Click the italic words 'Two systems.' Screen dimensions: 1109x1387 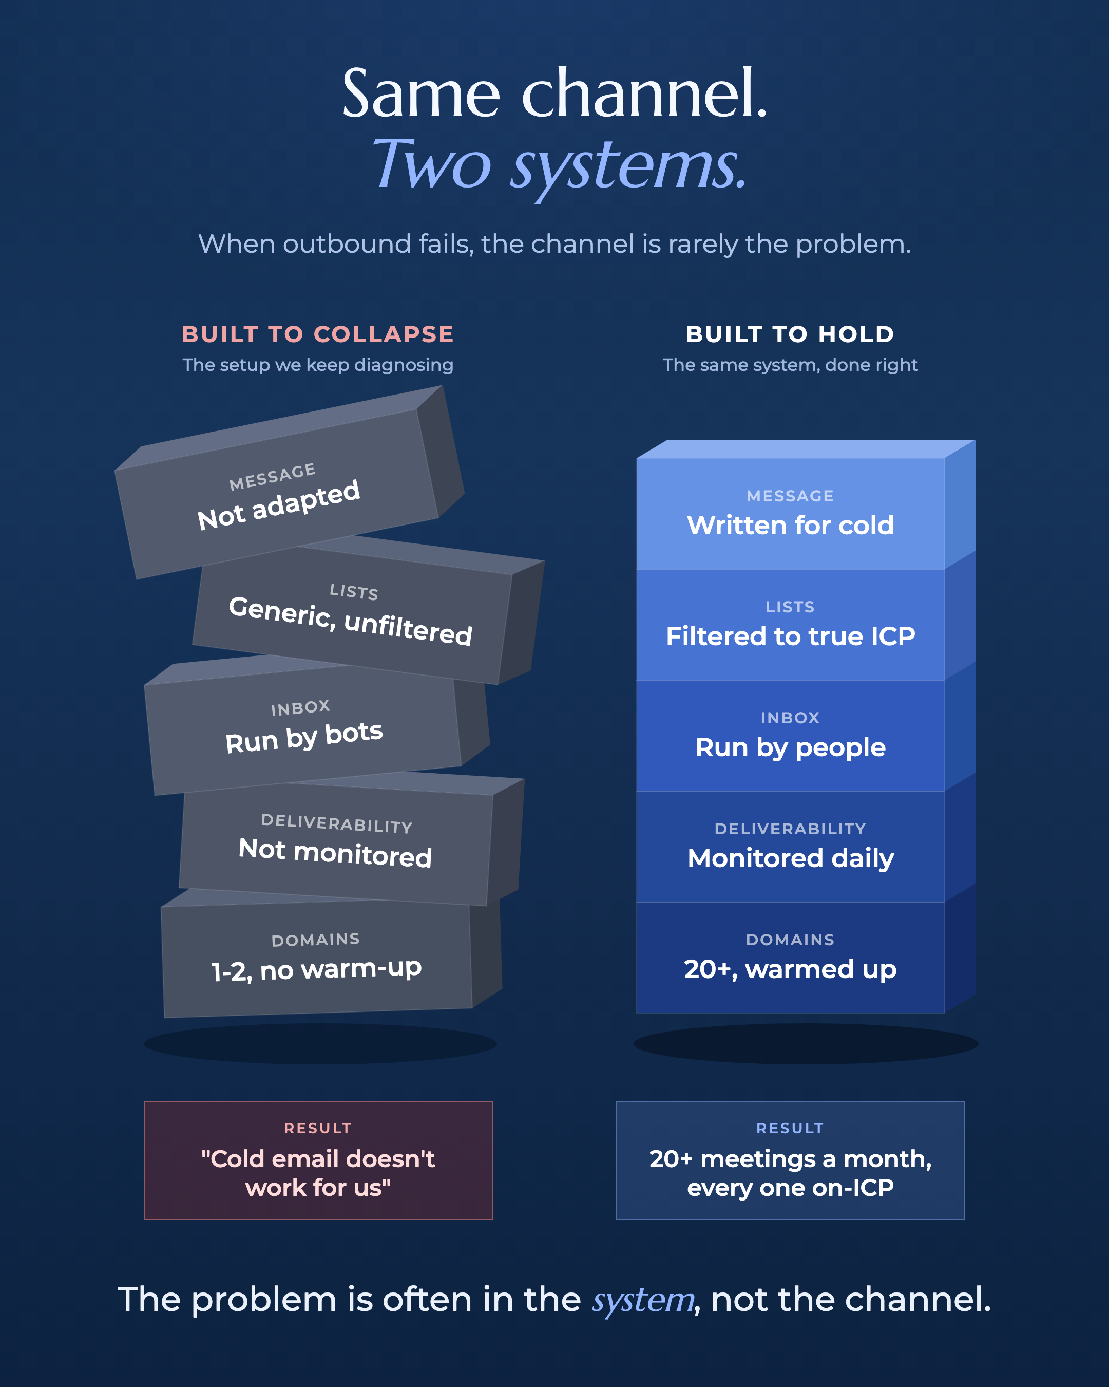tap(559, 166)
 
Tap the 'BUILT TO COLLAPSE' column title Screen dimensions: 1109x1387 tap(318, 334)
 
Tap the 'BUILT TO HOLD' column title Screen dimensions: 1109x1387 tap(790, 334)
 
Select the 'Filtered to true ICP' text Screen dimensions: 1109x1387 tap(790, 636)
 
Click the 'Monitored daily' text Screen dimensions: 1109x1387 tap(791, 859)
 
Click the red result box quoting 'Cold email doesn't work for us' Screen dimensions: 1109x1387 tap(318, 1160)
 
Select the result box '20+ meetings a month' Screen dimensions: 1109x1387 tap(790, 1160)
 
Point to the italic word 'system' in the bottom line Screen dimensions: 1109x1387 tap(643, 1301)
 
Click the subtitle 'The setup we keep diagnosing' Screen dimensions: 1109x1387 tap(318, 365)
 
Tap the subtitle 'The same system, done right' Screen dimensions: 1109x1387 tap(790, 365)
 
